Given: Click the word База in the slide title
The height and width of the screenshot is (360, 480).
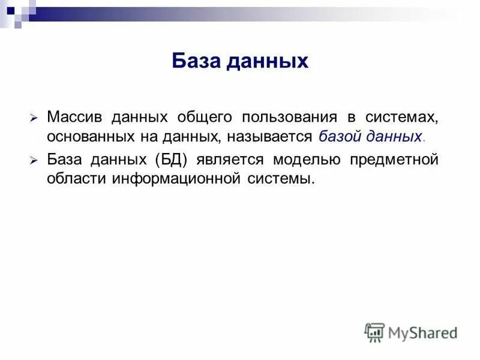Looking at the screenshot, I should pos(196,61).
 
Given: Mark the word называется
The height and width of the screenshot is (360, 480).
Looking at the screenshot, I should pos(271,136).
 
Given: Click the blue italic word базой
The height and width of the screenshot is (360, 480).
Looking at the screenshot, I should pos(337,136).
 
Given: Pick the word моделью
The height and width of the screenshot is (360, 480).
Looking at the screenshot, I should pos(306,160).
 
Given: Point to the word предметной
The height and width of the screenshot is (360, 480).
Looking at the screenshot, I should pos(394,160).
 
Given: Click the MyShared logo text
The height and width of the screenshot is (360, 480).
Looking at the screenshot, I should pos(422,332).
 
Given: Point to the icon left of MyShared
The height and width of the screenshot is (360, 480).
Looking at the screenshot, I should pos(374,332).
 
